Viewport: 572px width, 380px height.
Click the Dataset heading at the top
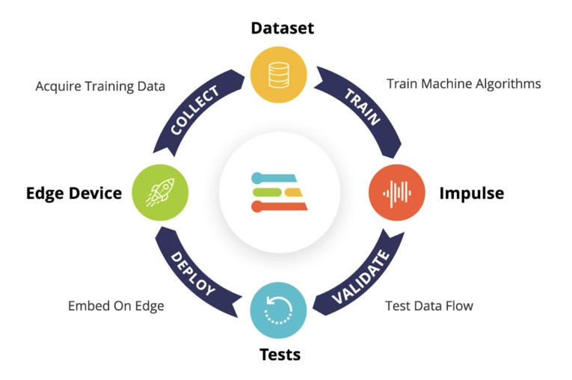click(x=282, y=28)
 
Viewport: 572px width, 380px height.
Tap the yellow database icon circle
click(x=280, y=75)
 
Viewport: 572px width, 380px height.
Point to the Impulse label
click(x=471, y=193)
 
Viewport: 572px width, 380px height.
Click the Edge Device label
click(x=74, y=193)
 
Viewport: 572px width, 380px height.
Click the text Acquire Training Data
click(x=100, y=86)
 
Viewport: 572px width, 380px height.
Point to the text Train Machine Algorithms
click(x=464, y=84)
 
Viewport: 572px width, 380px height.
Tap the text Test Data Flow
click(x=428, y=305)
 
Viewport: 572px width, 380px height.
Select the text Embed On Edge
click(x=116, y=305)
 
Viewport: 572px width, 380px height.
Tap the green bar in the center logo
click(x=267, y=191)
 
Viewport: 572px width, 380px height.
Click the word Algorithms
click(x=508, y=84)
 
